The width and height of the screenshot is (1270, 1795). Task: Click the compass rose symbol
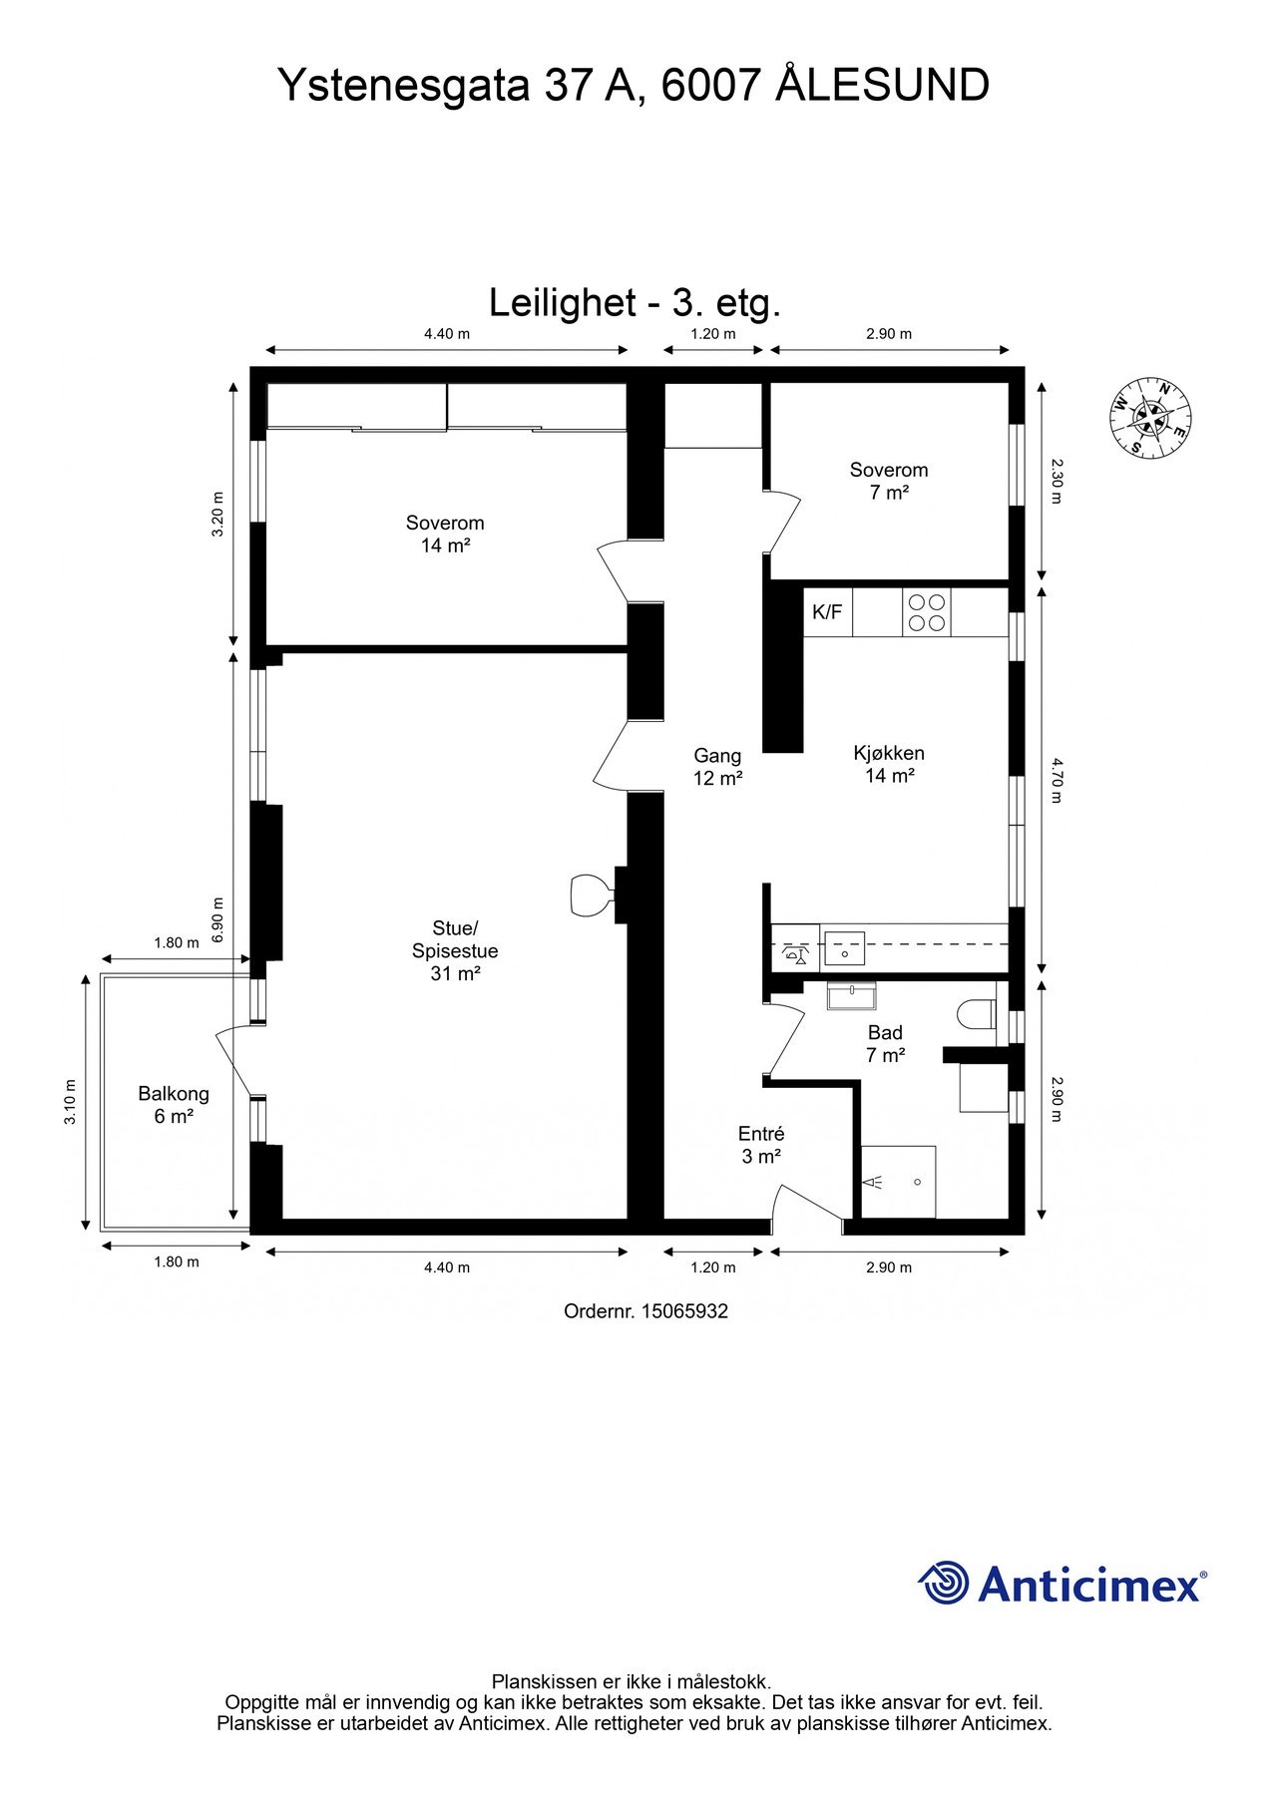pyautogui.click(x=1151, y=418)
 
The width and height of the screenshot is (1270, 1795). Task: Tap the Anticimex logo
pyautogui.click(x=1062, y=1584)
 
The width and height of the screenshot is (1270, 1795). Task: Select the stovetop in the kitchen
pyautogui.click(x=927, y=612)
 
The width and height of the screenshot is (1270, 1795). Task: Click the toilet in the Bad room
pyautogui.click(x=977, y=1015)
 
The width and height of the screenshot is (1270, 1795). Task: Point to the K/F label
pyautogui.click(x=827, y=612)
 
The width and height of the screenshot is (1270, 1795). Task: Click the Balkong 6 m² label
pyautogui.click(x=174, y=1105)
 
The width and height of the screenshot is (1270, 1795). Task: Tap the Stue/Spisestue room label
pyautogui.click(x=455, y=951)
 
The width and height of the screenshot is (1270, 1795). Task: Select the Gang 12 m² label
pyautogui.click(x=718, y=767)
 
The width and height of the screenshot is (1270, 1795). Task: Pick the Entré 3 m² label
pyautogui.click(x=761, y=1145)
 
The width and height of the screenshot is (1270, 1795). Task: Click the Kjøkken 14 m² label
pyautogui.click(x=889, y=764)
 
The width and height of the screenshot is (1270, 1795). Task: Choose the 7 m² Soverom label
pyautogui.click(x=889, y=481)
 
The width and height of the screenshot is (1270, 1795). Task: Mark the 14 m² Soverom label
pyautogui.click(x=445, y=534)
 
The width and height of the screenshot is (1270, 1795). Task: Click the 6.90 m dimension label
pyautogui.click(x=218, y=918)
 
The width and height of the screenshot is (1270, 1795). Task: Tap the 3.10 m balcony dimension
pyautogui.click(x=70, y=1102)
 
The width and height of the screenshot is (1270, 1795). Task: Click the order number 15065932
pyautogui.click(x=646, y=1311)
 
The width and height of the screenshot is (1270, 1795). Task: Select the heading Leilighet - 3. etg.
pyautogui.click(x=635, y=302)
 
